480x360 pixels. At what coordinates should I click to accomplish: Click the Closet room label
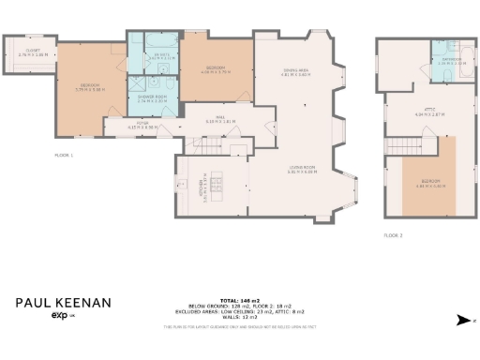tap(33, 52)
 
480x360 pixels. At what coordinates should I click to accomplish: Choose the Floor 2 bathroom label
tap(453, 61)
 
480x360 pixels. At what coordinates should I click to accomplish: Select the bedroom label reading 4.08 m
tap(215, 69)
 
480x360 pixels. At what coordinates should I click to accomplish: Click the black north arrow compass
tap(462, 320)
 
